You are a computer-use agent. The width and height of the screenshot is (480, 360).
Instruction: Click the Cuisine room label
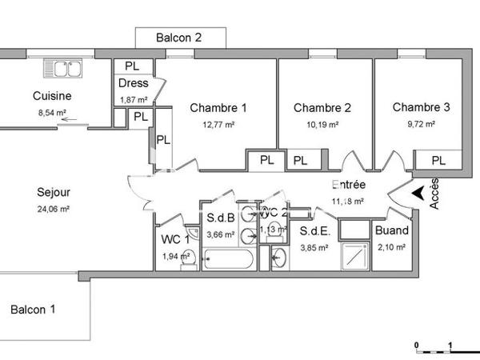pos(50,97)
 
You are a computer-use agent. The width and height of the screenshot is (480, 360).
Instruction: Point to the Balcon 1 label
pos(33,310)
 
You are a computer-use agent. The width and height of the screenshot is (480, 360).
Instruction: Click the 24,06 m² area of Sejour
pos(54,209)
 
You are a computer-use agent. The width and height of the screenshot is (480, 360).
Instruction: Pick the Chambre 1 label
pos(218,108)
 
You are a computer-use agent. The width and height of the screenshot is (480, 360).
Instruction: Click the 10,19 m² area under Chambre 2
pos(322,125)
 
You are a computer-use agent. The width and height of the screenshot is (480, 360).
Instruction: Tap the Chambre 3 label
pos(421,107)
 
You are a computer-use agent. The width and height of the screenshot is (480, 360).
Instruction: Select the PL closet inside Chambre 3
pos(438,161)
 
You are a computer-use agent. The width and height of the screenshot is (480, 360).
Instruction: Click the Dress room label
pos(134,84)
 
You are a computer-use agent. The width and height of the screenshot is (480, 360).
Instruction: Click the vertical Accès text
pos(434,194)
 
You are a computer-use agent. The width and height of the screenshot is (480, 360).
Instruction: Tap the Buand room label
pos(392,231)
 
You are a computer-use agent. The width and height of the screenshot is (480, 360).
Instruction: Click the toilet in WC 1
pos(185,258)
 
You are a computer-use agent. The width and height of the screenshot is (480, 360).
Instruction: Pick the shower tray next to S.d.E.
pos(352,255)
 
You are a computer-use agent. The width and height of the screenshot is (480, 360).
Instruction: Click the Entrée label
pos(348,185)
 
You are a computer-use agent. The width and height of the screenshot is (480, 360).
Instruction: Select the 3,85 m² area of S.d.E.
pos(314,248)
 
